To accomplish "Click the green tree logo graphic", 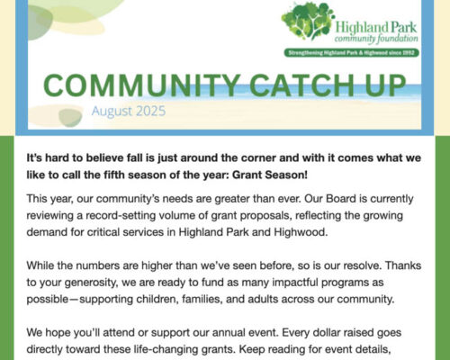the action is [308, 22].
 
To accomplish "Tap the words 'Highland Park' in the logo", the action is [376, 28].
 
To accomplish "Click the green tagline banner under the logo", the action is [351, 53].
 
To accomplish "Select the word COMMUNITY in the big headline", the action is [141, 85].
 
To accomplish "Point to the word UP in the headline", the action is [385, 85].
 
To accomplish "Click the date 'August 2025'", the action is [129, 111].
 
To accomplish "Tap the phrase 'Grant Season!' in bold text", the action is [270, 175].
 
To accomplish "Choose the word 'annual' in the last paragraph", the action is [230, 333].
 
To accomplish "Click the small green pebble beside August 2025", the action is [70, 117].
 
